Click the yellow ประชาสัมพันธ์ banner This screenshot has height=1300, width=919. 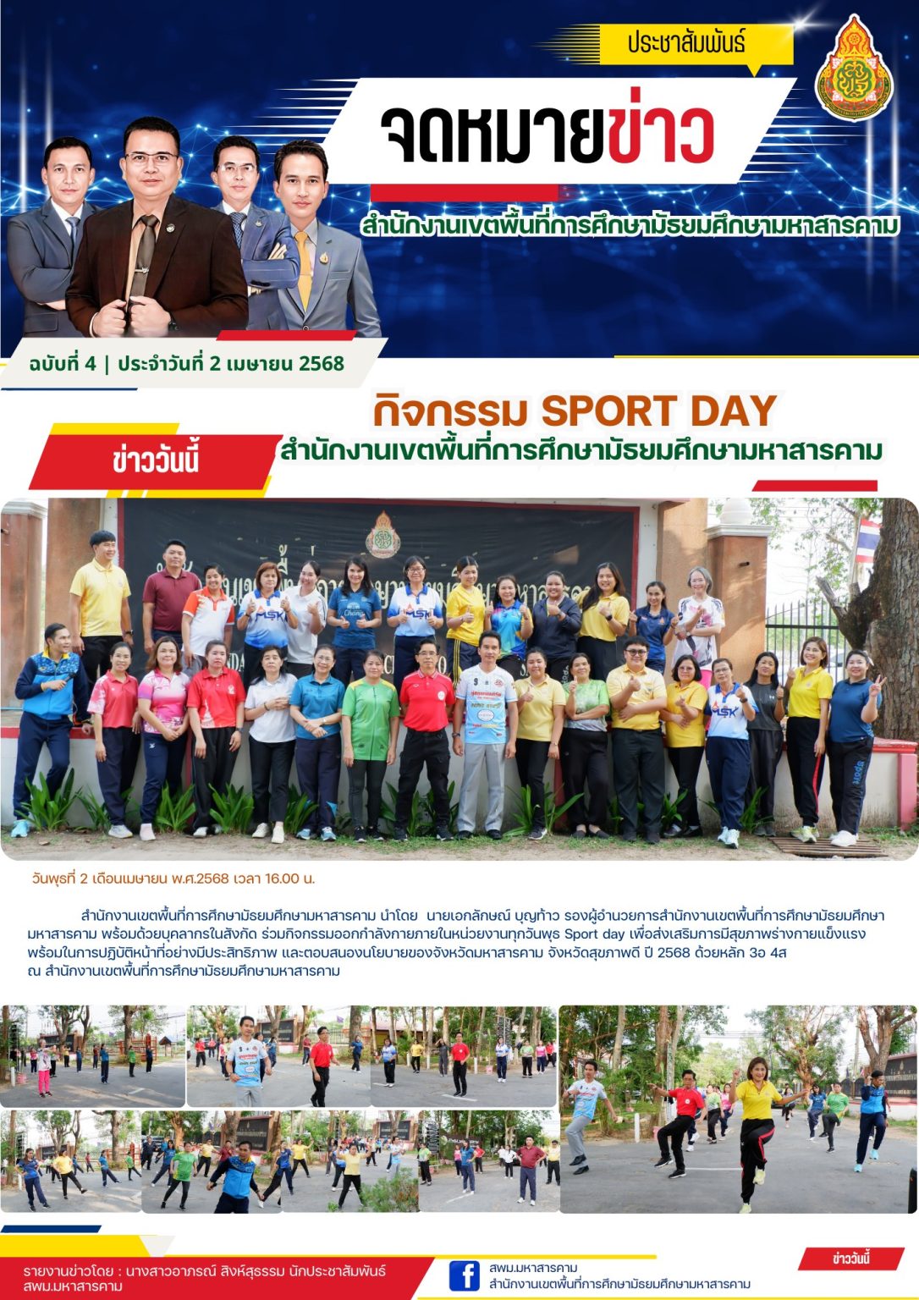tap(686, 42)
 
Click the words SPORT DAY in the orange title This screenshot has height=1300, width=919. tap(658, 410)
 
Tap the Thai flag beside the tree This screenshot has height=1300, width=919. tap(867, 541)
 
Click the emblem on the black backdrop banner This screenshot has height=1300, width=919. tap(382, 535)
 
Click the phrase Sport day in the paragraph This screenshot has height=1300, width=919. tap(593, 934)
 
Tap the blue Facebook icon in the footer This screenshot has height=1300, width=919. tap(464, 1275)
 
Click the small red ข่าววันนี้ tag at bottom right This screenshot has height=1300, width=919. tap(850, 1259)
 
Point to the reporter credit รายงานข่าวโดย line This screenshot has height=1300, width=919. tap(203, 1271)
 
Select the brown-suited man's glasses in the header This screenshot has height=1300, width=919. tap(151, 157)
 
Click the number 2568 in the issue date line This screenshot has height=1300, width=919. tap(321, 364)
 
